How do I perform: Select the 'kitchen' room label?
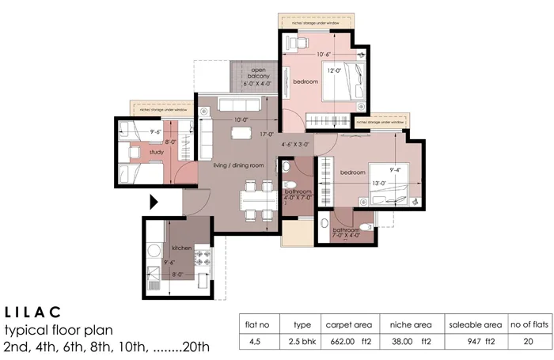(182, 248)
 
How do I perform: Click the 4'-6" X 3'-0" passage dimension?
(298, 145)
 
